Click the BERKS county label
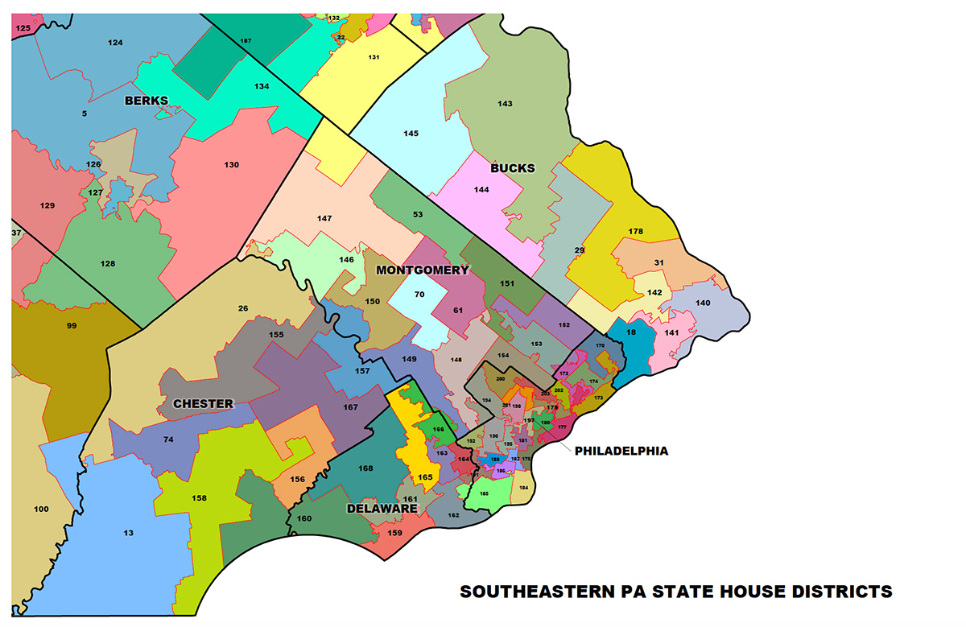[x=146, y=101]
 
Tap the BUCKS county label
[x=512, y=168]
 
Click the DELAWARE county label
[x=382, y=509]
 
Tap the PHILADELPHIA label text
[x=621, y=451]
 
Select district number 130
[x=232, y=165]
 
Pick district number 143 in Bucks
[x=505, y=104]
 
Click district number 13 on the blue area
[x=129, y=532]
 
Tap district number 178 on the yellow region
[x=635, y=232]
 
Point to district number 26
[x=243, y=308]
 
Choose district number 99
[x=72, y=325]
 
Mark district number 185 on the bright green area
[x=484, y=493]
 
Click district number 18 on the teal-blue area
[x=631, y=332]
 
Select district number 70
[x=419, y=295]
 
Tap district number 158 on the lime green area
[x=199, y=498]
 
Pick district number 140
[x=703, y=303]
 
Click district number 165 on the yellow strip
[x=425, y=477]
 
